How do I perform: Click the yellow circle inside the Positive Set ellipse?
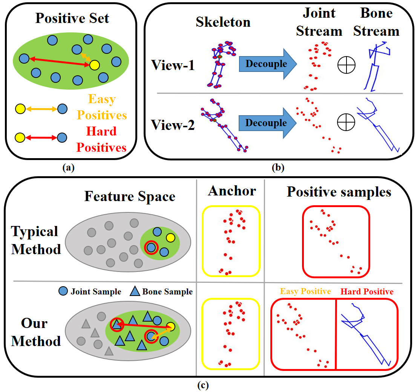click(94, 66)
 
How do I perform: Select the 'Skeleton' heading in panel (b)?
click(223, 22)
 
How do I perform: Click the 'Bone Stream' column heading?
click(376, 22)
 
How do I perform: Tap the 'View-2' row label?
click(173, 124)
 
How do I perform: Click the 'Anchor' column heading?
click(231, 191)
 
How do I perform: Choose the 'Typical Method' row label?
click(36, 240)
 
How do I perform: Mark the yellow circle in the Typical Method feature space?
click(170, 237)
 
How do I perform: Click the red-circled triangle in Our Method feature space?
click(117, 325)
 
